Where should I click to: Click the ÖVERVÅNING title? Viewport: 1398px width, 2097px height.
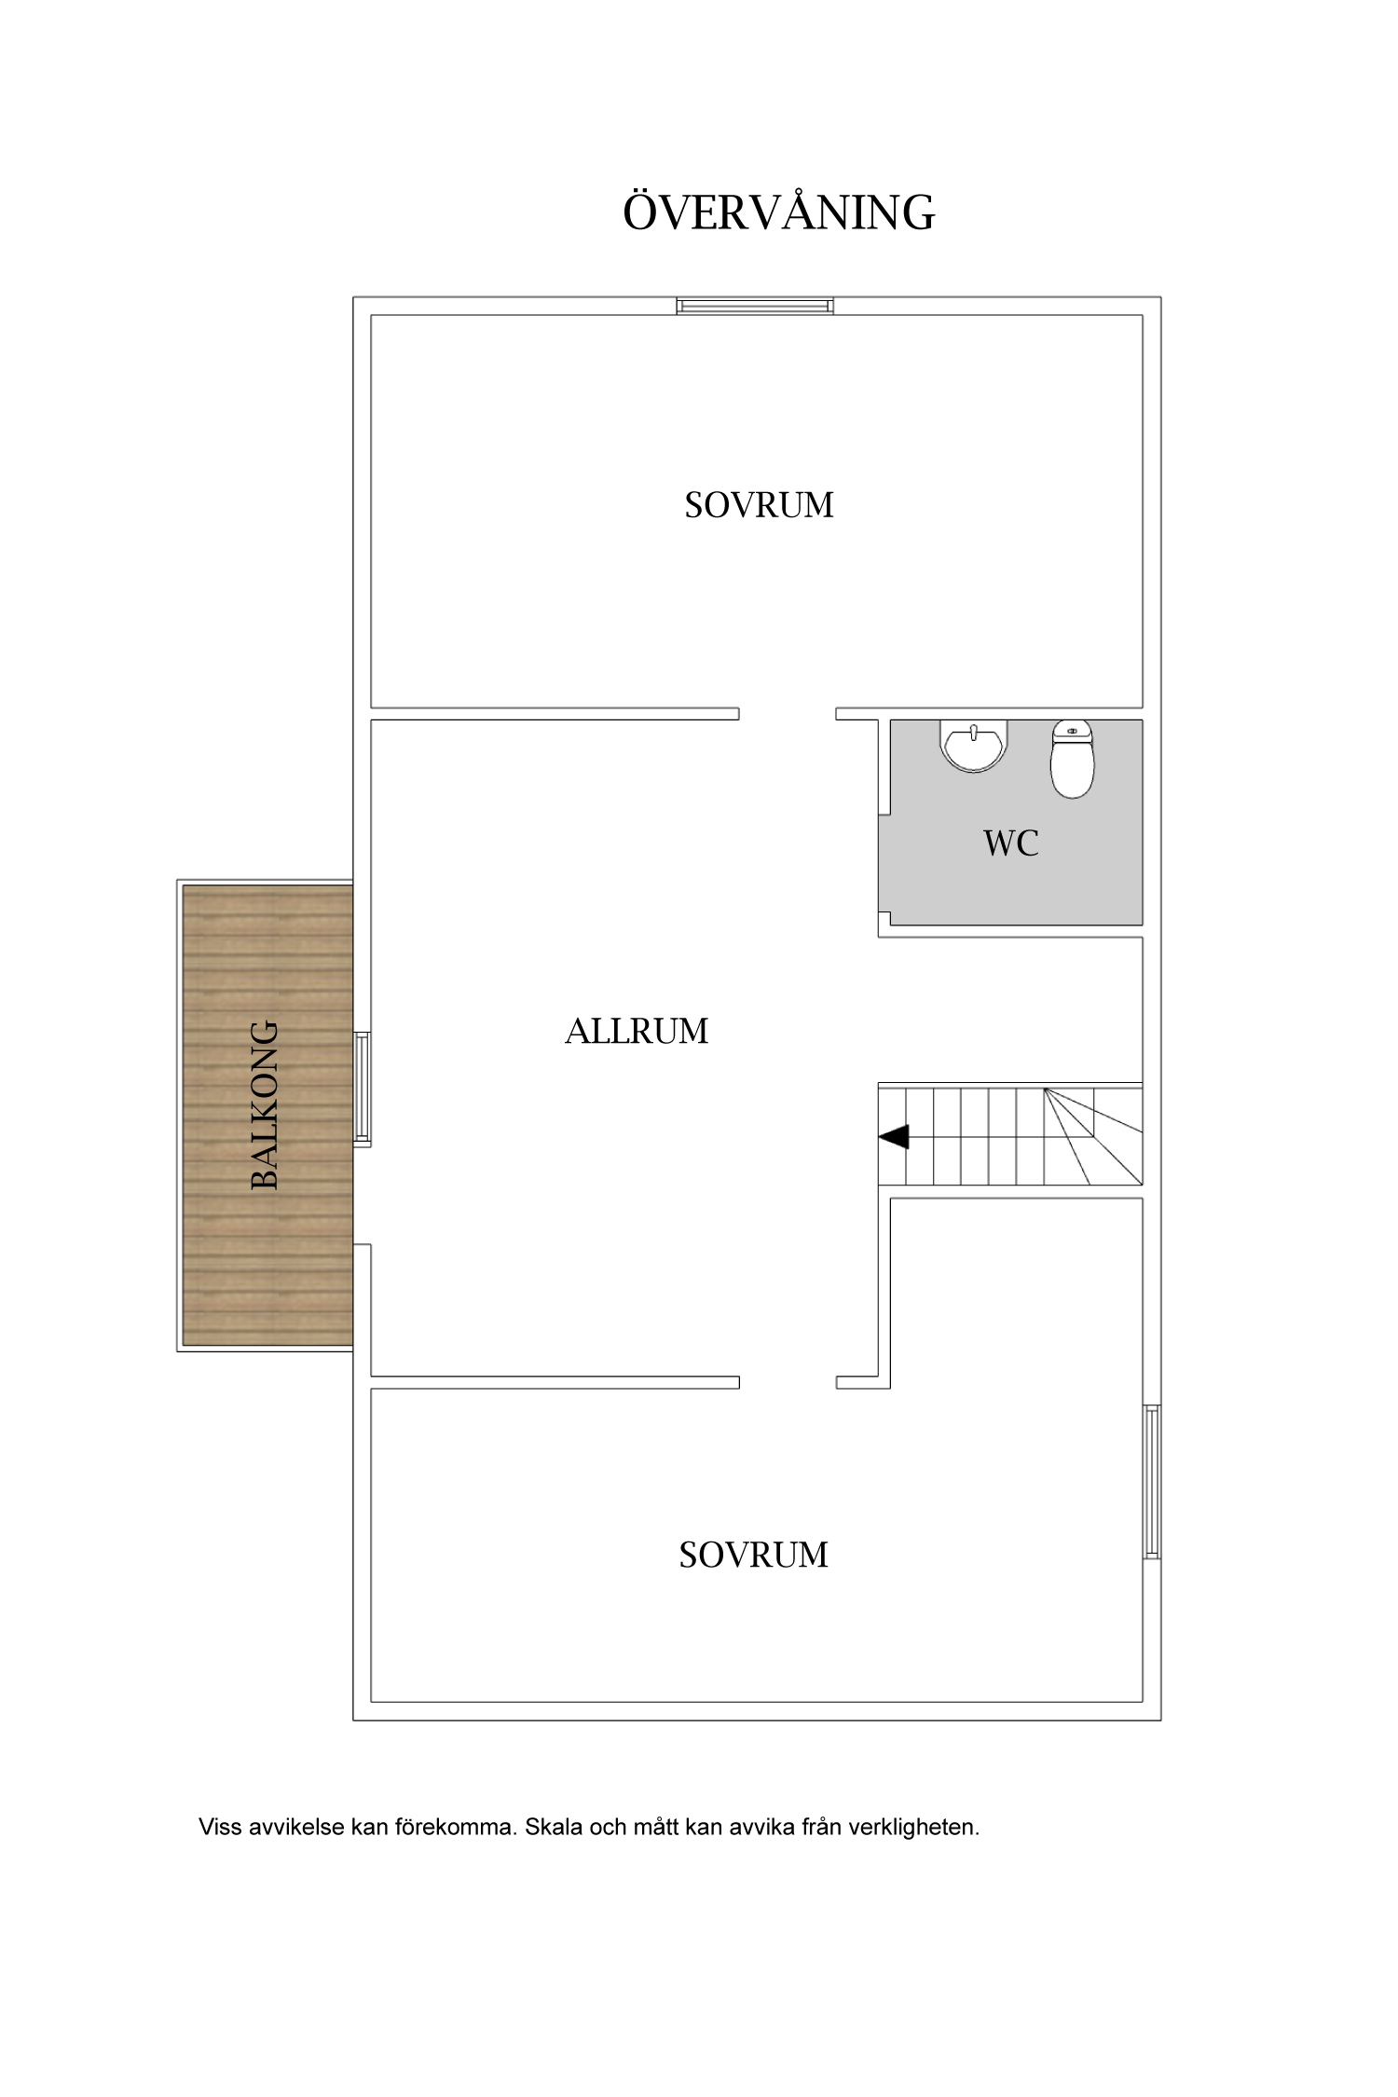click(778, 212)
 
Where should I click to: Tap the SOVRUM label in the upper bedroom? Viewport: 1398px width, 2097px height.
click(759, 505)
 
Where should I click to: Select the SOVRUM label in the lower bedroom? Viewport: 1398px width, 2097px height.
click(753, 1555)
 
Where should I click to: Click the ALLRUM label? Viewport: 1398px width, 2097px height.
click(637, 1031)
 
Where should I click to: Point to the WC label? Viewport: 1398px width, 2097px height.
click(1011, 843)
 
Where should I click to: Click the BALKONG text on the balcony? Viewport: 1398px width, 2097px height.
click(266, 1105)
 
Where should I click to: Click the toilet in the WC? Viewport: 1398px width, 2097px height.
click(1072, 759)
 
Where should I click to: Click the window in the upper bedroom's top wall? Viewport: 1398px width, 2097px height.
click(755, 306)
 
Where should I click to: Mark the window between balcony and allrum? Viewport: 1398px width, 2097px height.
click(363, 1088)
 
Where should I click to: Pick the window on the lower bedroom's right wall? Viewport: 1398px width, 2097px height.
click(1152, 1482)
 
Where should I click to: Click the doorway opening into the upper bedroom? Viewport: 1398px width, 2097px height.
click(788, 714)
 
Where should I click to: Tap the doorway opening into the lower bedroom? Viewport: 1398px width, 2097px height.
click(788, 1382)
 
